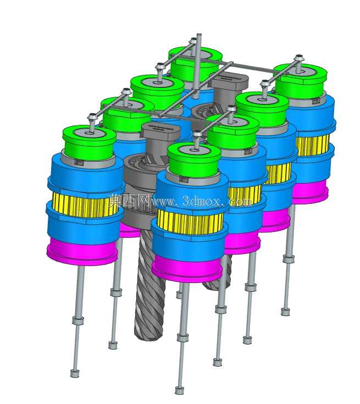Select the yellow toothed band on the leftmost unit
(x=85, y=206)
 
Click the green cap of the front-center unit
(x=194, y=161)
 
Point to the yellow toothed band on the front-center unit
(x=190, y=221)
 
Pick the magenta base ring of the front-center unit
(x=187, y=269)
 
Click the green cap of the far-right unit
(x=300, y=81)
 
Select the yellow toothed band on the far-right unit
(x=313, y=145)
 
